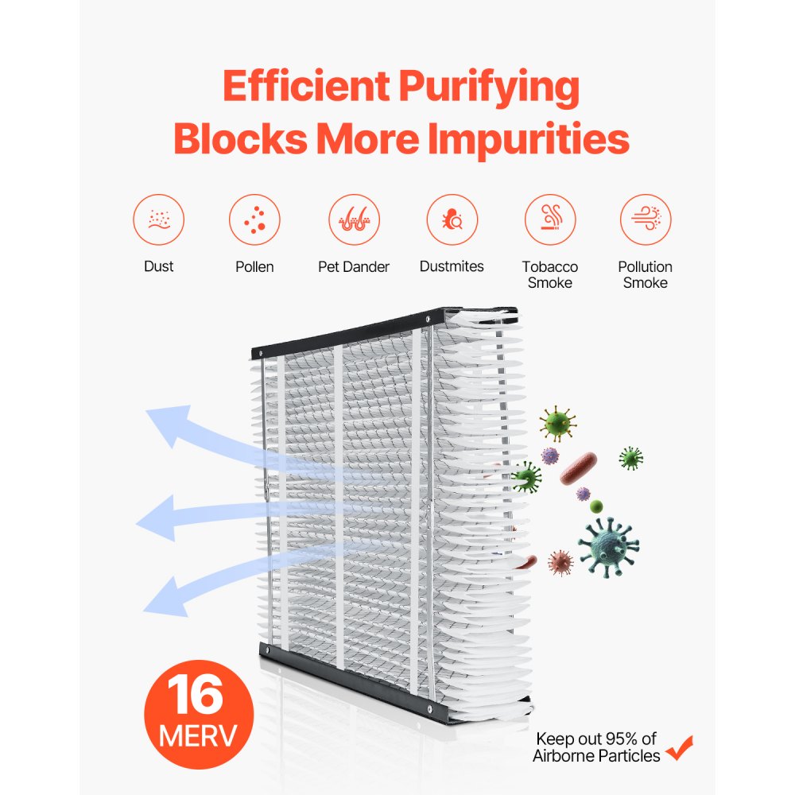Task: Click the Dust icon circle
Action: (159, 219)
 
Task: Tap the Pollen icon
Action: (254, 219)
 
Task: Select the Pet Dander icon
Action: (354, 219)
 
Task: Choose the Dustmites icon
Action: (452, 219)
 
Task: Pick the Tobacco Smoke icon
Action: (550, 219)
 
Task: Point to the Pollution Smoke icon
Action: (646, 219)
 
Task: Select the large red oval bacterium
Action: (578, 468)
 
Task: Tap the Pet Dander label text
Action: (354, 267)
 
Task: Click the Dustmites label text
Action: (452, 267)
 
